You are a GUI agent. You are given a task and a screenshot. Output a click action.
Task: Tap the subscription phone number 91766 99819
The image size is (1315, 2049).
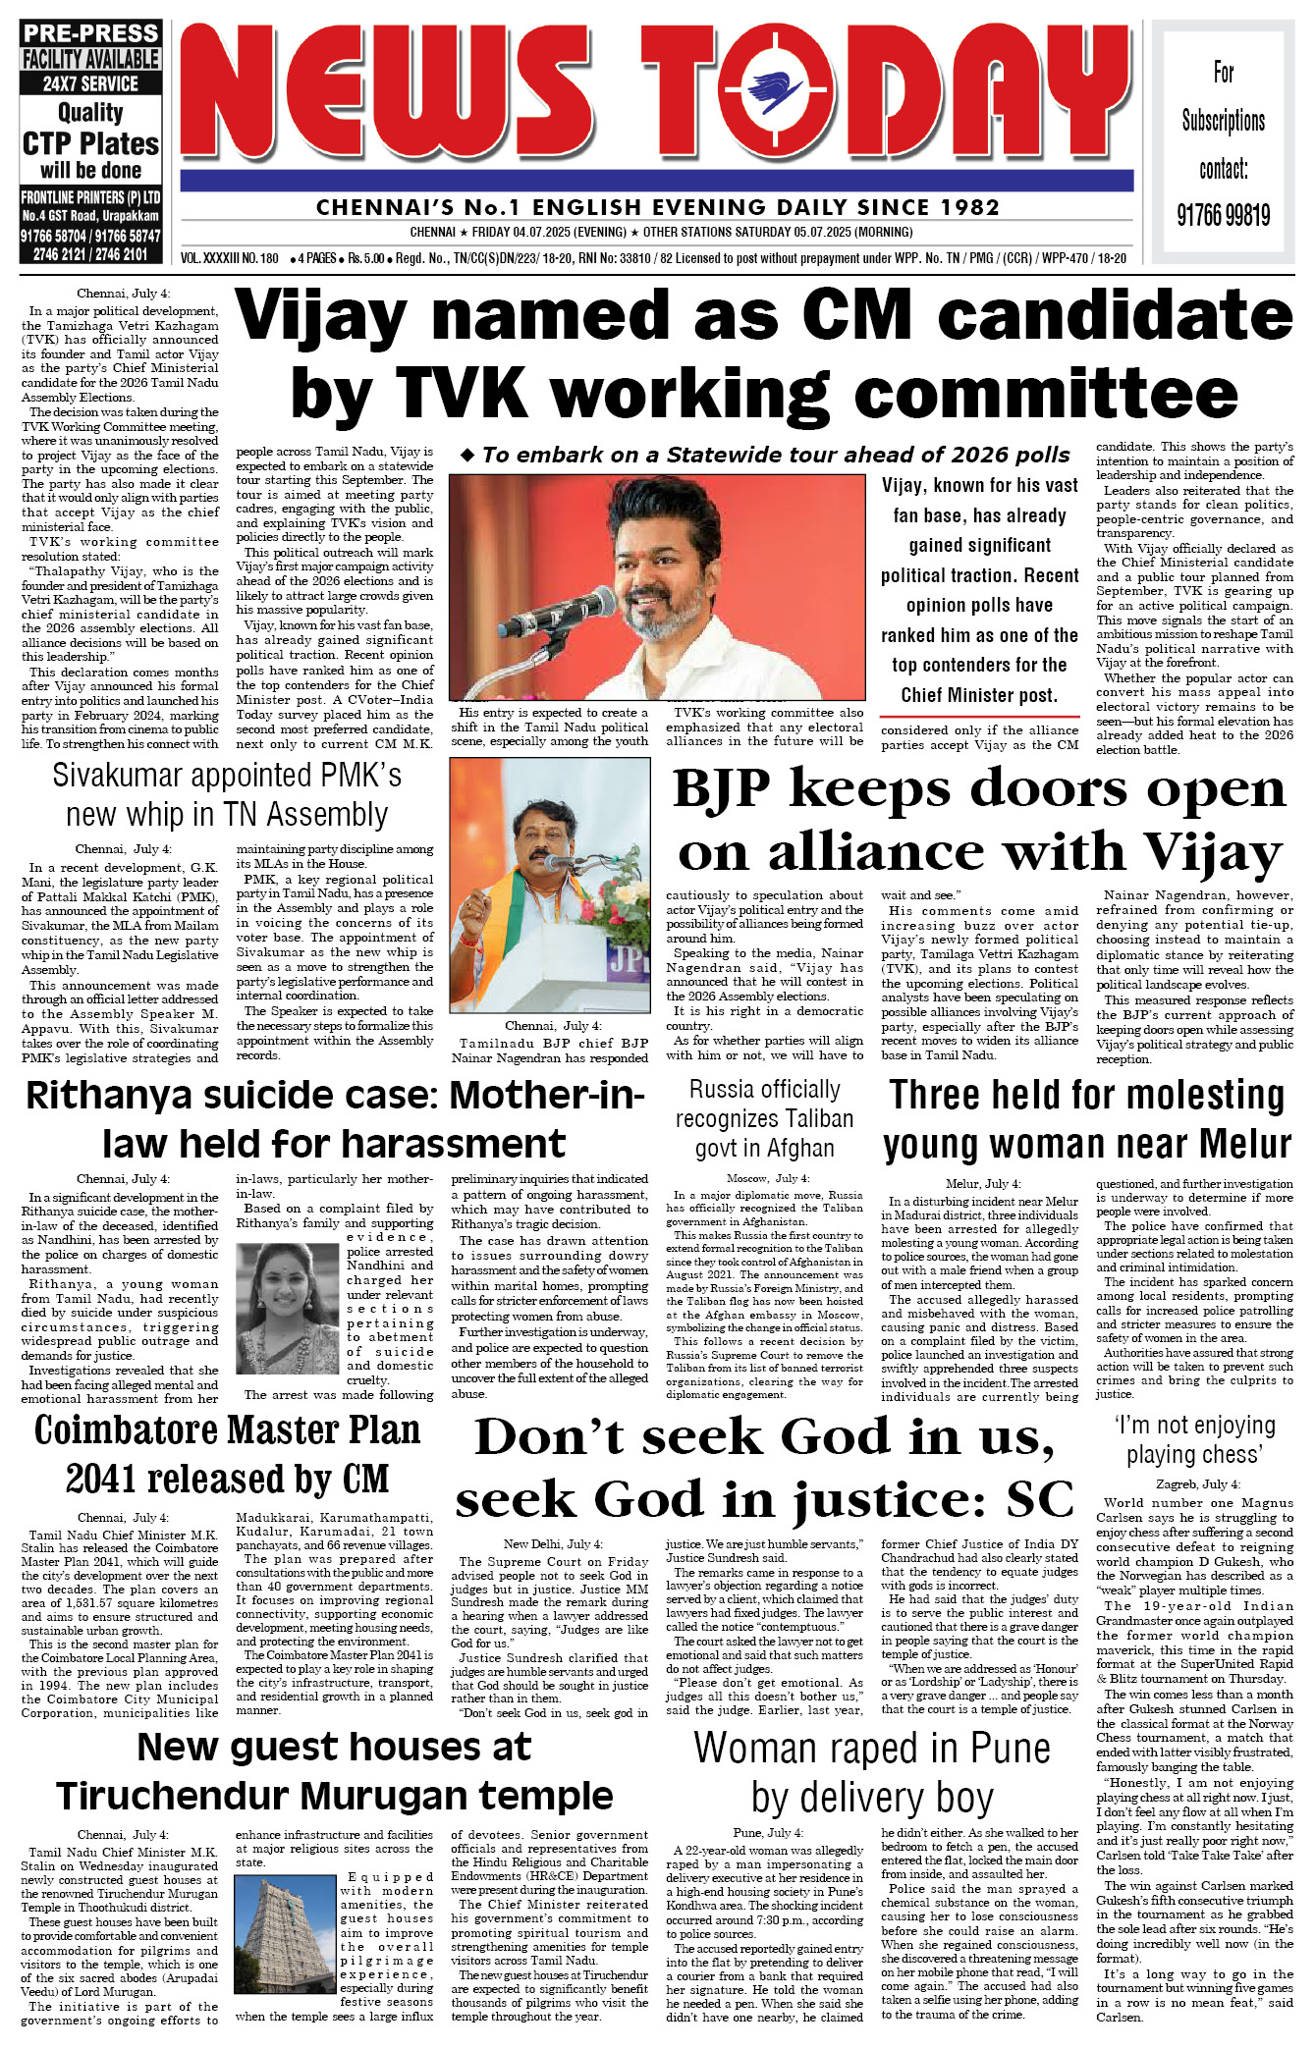pyautogui.click(x=1223, y=215)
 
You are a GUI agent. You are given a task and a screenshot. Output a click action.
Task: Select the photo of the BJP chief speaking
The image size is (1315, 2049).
pyautogui.click(x=549, y=886)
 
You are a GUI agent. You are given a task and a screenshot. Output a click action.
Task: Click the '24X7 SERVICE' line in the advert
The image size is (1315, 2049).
pyautogui.click(x=90, y=84)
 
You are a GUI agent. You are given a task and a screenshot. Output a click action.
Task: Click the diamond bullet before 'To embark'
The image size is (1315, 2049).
pyautogui.click(x=467, y=455)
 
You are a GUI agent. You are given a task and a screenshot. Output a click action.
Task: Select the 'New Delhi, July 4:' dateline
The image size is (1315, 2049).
pyautogui.click(x=553, y=1544)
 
